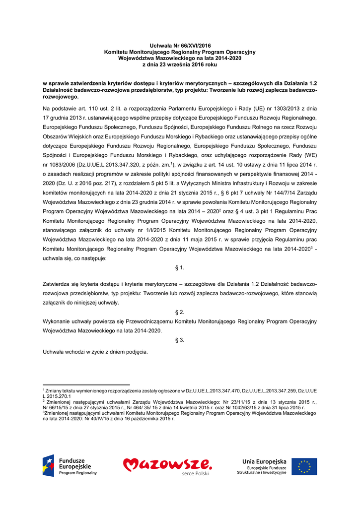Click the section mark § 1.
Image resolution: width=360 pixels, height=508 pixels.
[x=180, y=268]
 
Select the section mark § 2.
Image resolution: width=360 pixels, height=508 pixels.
[x=180, y=312]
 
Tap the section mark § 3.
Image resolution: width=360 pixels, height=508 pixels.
[x=180, y=340]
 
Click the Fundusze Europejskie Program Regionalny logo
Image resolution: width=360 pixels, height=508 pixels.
[x=70, y=466]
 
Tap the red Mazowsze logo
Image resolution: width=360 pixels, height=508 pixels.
[x=168, y=466]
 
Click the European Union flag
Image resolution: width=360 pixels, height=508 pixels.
[x=304, y=466]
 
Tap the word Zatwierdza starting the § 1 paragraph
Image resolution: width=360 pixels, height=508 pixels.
[x=58, y=284]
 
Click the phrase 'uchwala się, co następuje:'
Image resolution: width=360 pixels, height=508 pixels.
[x=74, y=258]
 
